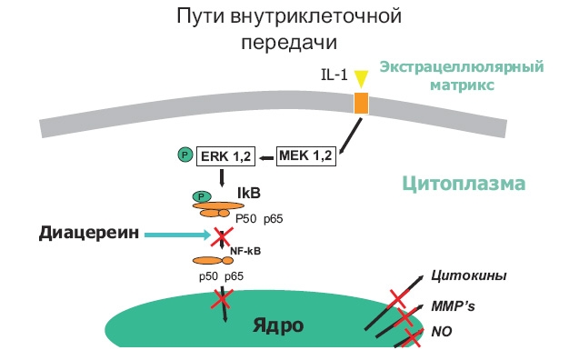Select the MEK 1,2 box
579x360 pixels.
click(305, 156)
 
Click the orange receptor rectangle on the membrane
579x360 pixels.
click(362, 103)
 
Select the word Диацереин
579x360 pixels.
click(90, 234)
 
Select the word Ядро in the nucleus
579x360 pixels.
click(279, 325)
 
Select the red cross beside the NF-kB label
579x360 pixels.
click(222, 238)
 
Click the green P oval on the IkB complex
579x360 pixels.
click(201, 196)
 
